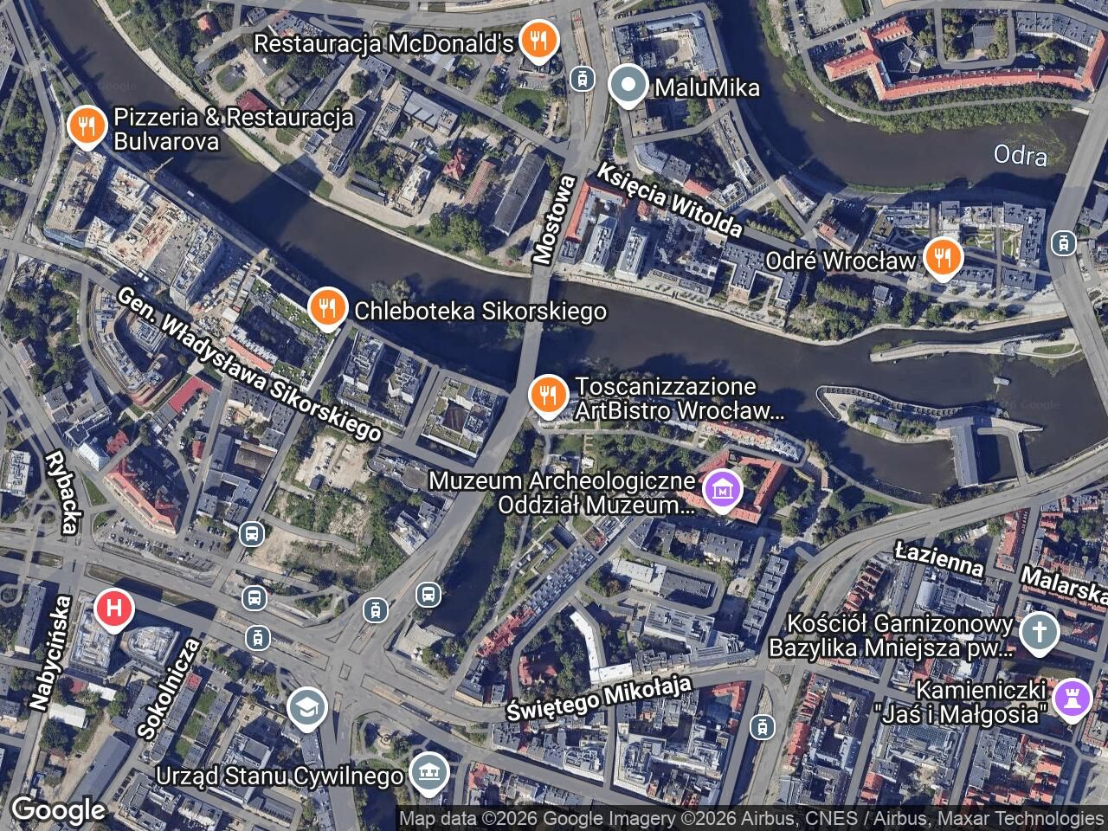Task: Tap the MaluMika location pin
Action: [x=628, y=87]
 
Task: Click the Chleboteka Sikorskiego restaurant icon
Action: [x=327, y=309]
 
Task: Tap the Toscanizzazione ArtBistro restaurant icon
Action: [x=547, y=396]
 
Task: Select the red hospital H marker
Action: [x=113, y=609]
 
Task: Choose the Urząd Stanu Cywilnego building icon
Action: [x=428, y=773]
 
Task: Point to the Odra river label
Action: [x=1020, y=155]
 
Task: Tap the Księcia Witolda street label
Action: [x=669, y=200]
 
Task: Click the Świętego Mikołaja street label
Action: [x=599, y=699]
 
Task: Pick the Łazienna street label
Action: [x=939, y=559]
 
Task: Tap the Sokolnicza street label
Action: [x=169, y=688]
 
